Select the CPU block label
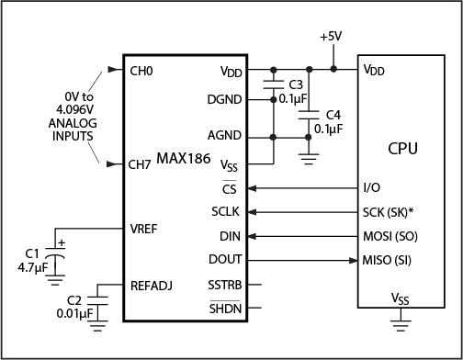click(x=403, y=148)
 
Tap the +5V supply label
click(x=333, y=37)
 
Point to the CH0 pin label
click(x=142, y=70)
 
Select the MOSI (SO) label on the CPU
click(x=390, y=236)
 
